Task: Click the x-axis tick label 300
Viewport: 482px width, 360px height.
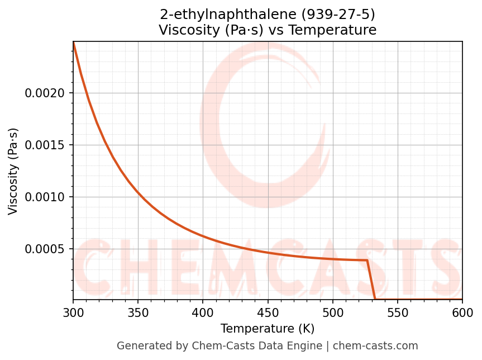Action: (73, 312)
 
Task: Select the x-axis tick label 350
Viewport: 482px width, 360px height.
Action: (138, 312)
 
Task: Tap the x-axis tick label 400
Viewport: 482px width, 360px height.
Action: (203, 312)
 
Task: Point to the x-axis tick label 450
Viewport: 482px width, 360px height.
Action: (268, 312)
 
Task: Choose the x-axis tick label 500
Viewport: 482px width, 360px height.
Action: (332, 312)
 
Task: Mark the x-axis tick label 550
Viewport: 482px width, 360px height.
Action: (398, 312)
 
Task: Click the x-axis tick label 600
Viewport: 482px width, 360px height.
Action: (462, 312)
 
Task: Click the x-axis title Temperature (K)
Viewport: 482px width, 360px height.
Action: (268, 328)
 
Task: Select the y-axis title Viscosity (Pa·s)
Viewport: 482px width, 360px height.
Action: (13, 171)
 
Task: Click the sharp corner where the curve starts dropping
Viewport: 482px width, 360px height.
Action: (367, 260)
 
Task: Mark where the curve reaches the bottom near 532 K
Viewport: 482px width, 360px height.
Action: (375, 299)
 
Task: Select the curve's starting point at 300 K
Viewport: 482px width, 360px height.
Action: (73, 42)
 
